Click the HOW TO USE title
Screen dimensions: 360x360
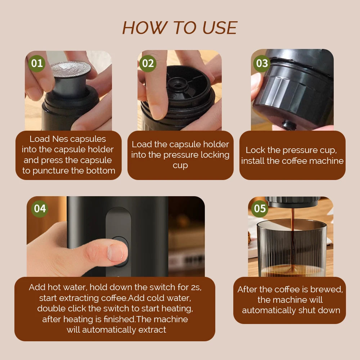click(x=180, y=28)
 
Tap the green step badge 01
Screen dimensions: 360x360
click(x=37, y=63)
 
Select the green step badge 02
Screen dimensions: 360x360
click(x=148, y=63)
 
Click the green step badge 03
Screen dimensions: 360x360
click(x=262, y=63)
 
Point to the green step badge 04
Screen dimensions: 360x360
click(x=40, y=209)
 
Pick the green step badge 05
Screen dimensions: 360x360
click(x=260, y=208)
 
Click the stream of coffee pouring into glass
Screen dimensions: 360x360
click(x=292, y=238)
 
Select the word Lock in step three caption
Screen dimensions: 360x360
click(x=255, y=150)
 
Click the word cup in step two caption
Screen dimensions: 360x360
click(x=180, y=166)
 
